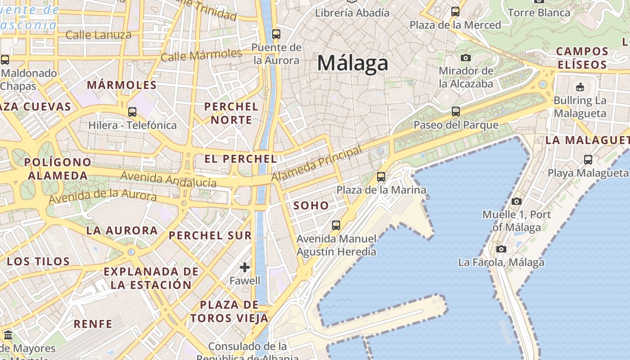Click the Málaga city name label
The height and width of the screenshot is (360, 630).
352,63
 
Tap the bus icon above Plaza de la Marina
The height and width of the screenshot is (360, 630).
381,176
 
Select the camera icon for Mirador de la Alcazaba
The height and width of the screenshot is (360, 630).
466,58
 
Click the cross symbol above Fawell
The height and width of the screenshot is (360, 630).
245,267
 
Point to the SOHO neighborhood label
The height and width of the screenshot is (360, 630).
311,206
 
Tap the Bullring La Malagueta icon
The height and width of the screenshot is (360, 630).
580,87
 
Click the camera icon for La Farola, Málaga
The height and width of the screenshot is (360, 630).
501,249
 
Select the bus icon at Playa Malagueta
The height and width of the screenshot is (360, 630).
588,159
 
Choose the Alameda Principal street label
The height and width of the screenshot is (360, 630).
317,164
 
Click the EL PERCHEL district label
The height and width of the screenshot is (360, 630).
241,159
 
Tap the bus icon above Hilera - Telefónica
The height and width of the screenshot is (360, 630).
132,112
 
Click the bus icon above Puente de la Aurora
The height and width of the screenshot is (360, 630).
276,34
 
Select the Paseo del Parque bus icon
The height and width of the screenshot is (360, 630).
456,111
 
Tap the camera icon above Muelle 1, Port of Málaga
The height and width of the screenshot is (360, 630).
517,201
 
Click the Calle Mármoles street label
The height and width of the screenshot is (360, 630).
201,56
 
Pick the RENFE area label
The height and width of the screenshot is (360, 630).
93,324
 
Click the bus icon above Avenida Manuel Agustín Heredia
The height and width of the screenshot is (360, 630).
336,225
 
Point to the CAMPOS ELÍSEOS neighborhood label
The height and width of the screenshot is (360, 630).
582,58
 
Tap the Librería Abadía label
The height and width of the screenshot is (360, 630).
352,13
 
